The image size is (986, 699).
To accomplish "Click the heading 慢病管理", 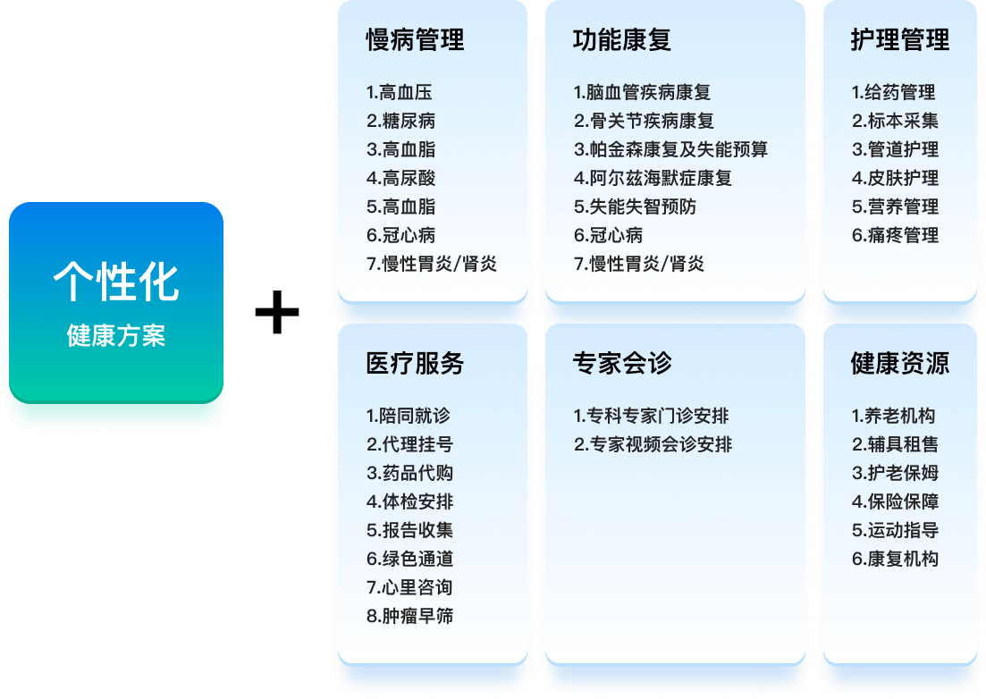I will coord(415,40).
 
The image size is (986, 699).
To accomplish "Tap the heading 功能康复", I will coord(622,40).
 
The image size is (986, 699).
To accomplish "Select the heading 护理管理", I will coord(899,40).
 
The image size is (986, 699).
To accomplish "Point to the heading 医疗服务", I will coord(415,364).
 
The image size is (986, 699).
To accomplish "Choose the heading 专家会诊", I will coord(622,364).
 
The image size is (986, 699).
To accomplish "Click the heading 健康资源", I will coord(899,364).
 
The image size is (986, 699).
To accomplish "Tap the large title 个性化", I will coord(116,282).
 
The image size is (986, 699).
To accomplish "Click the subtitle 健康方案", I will coord(116,337).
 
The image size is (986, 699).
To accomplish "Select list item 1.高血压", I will coord(399,92).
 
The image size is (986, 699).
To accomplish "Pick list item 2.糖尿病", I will coord(400,121).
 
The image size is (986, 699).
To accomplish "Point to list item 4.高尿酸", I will coord(400,178).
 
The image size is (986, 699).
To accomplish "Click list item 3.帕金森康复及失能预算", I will coord(670,149).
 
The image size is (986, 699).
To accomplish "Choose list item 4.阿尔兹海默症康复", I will coord(653,178).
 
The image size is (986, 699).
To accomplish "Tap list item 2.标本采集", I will coord(895,121).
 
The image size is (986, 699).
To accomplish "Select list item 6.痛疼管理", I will coord(895,235).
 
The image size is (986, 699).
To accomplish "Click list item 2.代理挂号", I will coord(409,444).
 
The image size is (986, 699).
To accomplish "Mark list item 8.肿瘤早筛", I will coord(409,616).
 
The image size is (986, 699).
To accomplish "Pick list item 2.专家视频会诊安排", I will coord(653,444).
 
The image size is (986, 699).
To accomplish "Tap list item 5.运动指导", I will coord(895,530).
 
